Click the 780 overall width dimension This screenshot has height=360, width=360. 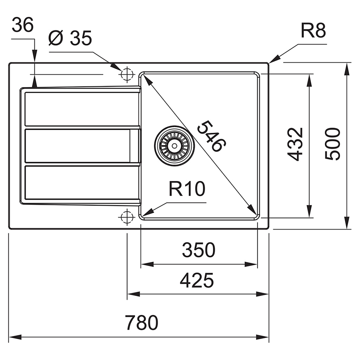coord(142,322)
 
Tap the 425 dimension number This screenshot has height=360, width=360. coord(197,280)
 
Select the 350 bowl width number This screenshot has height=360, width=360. coord(198,250)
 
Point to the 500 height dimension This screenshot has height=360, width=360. coord(332,144)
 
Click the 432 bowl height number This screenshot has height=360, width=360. coord(295,144)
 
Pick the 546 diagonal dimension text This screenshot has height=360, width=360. coord(212,136)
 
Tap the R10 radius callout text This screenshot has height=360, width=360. coord(187,189)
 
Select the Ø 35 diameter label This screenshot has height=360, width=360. coord(70,38)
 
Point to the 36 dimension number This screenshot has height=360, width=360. coord(22,24)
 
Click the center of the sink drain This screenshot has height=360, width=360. coord(174,146)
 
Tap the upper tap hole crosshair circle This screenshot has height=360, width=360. coord(127,74)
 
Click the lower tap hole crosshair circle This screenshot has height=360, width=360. coord(126,217)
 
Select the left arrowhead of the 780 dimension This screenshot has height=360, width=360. coord(15,337)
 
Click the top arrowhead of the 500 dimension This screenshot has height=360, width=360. coord(347,69)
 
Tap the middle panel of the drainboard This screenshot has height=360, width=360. coord(78,146)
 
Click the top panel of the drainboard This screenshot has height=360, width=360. coord(82,109)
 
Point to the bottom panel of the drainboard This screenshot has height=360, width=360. coord(82,182)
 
